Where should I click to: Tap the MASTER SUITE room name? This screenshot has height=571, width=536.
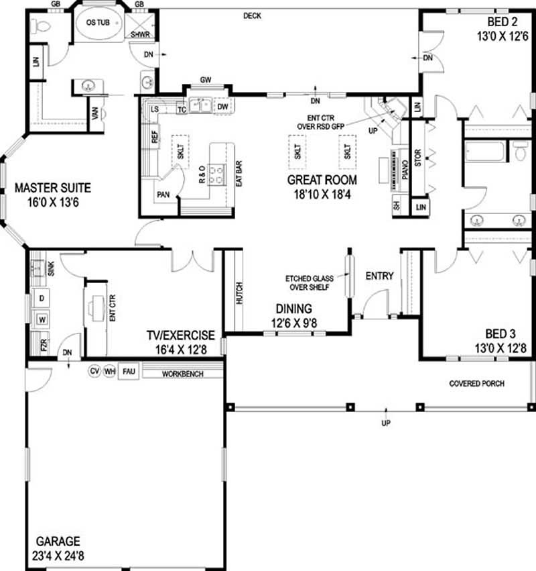click(53, 188)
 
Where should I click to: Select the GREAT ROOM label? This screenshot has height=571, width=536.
click(322, 180)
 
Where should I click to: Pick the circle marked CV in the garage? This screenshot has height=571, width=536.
click(94, 370)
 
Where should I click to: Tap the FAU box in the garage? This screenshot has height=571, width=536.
click(127, 370)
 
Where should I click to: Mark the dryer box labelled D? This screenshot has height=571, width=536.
click(42, 297)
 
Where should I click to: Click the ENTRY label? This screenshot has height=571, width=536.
click(379, 276)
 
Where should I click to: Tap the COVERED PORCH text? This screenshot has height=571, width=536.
click(476, 384)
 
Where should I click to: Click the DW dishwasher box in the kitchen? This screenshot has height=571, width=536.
click(223, 106)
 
